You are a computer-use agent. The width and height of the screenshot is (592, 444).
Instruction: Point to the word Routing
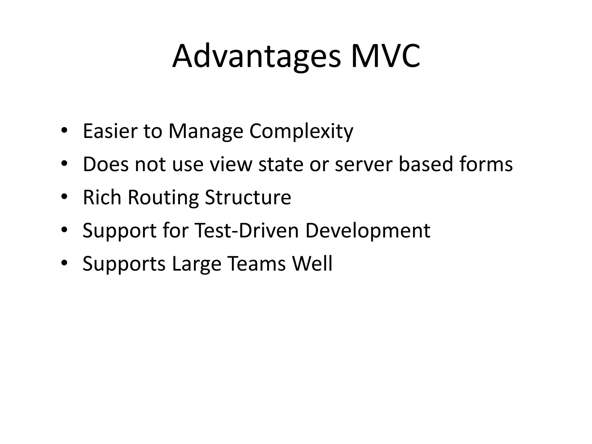tap(163, 198)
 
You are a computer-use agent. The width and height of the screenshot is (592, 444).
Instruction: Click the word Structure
tap(248, 197)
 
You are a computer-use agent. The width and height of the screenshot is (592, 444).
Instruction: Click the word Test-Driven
tap(247, 230)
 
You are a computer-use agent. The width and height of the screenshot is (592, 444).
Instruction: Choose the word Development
tap(368, 231)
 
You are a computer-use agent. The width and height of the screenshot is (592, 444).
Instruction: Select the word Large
tap(197, 264)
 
